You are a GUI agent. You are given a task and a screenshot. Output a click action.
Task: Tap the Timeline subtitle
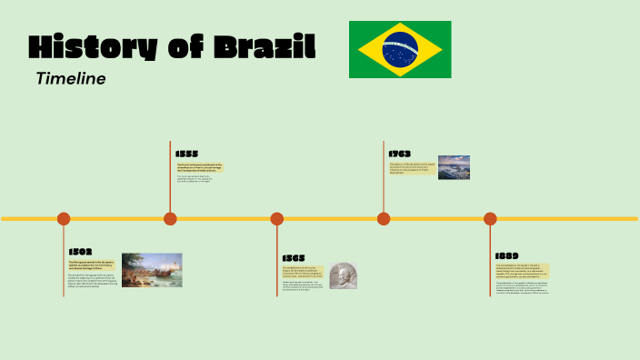click(71, 79)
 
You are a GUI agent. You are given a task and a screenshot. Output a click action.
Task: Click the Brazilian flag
click(400, 49)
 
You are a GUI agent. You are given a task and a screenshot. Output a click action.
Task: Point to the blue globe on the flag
click(400, 49)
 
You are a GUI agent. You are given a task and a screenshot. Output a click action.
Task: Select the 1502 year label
click(80, 252)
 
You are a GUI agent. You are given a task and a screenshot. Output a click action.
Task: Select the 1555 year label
click(187, 154)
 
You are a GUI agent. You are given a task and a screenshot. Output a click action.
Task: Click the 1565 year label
click(294, 258)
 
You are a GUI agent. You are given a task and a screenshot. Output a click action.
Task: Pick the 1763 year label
click(400, 154)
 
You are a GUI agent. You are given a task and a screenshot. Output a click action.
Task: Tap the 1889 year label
click(506, 256)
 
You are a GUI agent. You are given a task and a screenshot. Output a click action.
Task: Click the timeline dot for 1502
click(64, 218)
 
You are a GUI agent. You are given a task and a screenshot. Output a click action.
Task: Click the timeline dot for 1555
click(170, 218)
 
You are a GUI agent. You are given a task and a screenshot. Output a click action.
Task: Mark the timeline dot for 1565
click(277, 218)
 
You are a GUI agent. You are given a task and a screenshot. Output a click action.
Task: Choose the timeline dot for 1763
click(384, 218)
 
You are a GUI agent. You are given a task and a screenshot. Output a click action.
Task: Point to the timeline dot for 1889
click(490, 218)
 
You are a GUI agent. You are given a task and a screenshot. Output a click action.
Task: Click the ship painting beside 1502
click(152, 270)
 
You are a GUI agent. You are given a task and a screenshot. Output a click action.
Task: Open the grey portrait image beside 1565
click(344, 275)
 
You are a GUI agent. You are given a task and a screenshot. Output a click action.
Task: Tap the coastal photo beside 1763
click(454, 167)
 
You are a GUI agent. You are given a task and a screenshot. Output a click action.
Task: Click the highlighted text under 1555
click(199, 167)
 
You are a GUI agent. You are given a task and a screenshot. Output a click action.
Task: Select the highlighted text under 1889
click(522, 271)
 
